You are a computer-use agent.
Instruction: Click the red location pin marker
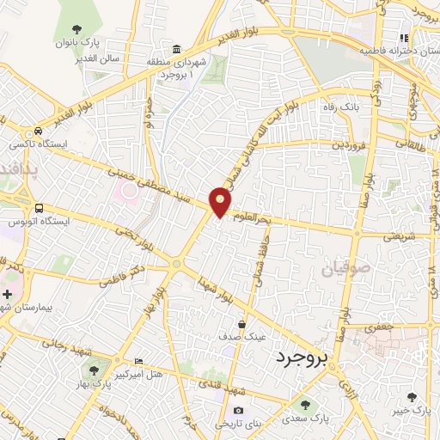(221, 201)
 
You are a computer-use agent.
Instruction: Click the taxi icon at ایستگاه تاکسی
(37, 131)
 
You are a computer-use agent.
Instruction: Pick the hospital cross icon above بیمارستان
(8, 293)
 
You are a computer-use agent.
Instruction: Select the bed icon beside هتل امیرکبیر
(140, 360)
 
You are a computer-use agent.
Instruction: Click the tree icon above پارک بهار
(93, 371)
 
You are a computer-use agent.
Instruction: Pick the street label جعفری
(378, 327)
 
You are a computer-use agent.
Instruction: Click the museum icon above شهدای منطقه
(176, 48)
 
